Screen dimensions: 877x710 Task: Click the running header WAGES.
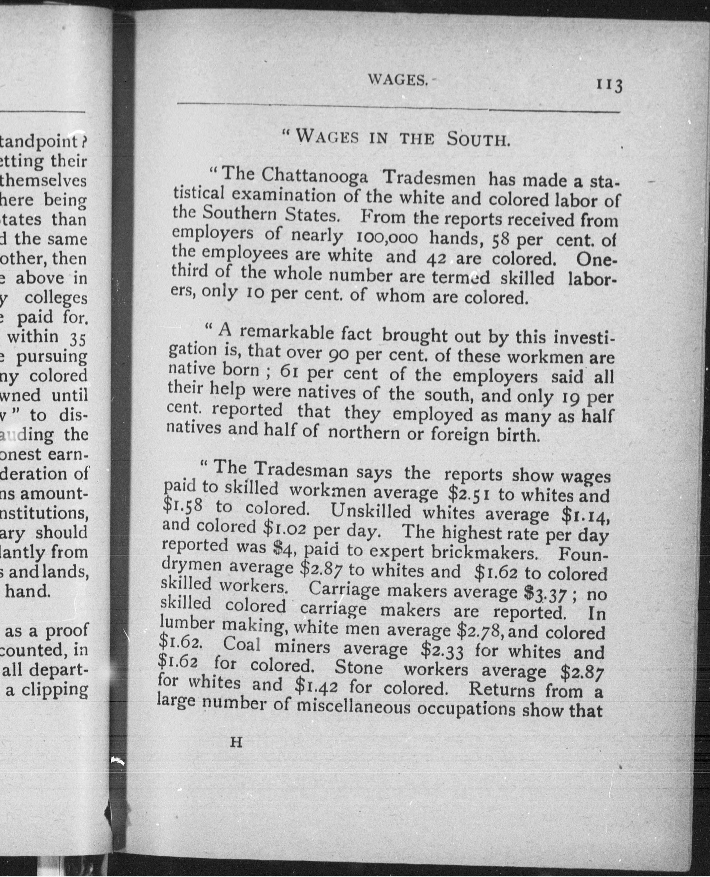pos(398,80)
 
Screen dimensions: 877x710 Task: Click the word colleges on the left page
pos(56,298)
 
